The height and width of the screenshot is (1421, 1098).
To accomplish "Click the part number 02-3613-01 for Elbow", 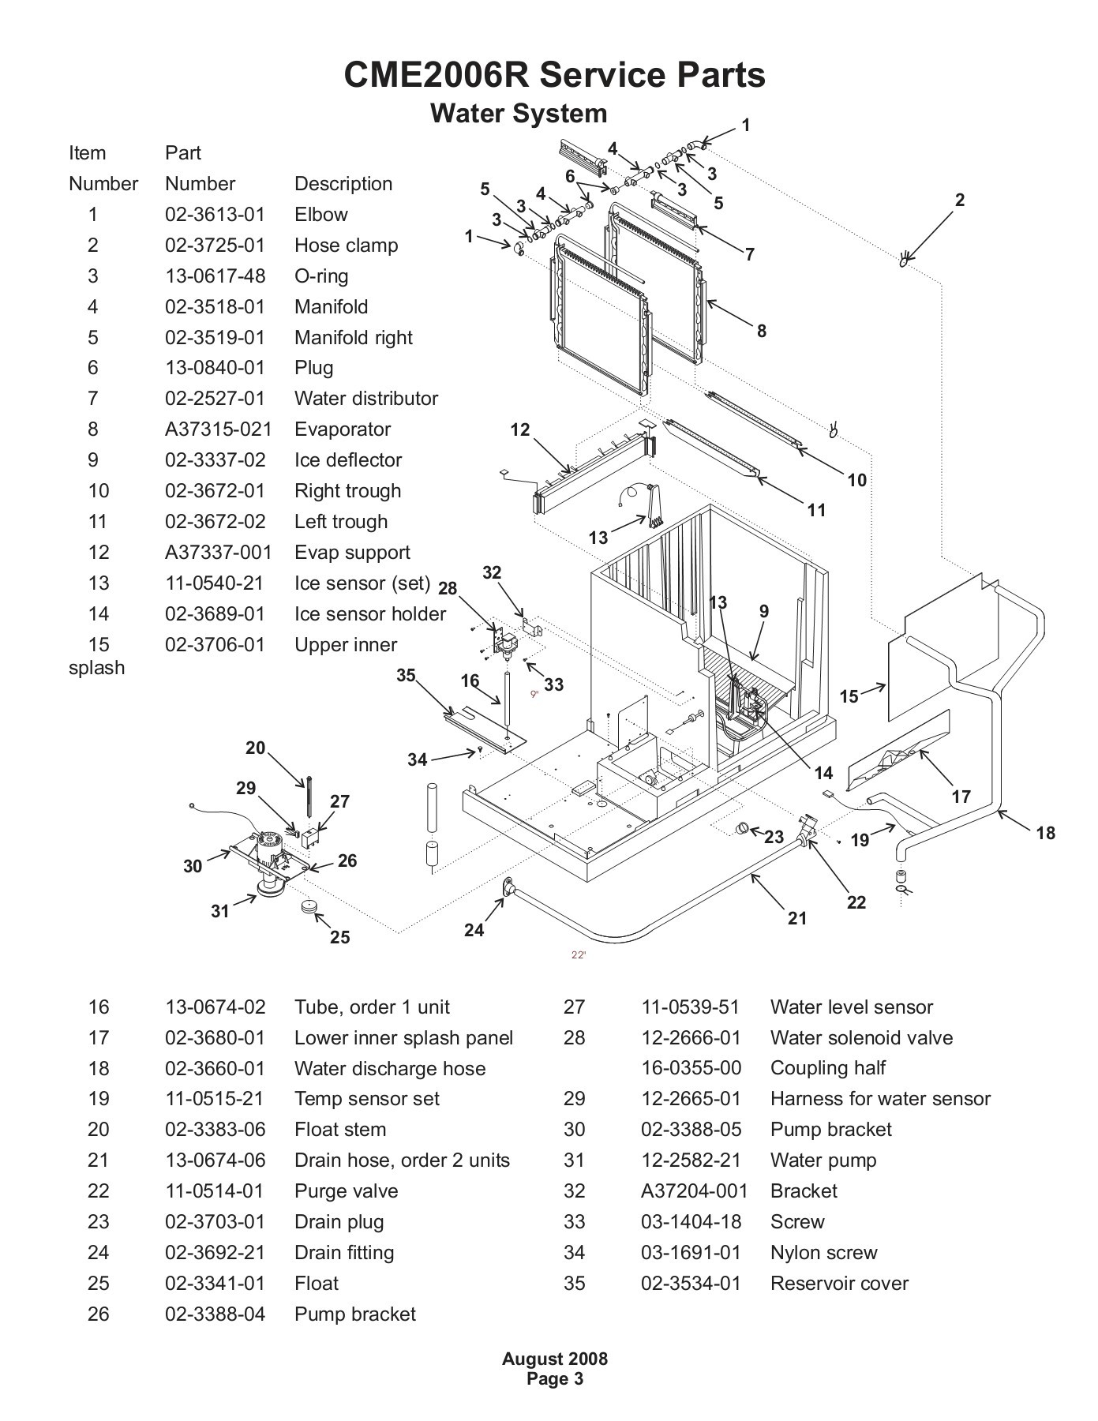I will pos(215,215).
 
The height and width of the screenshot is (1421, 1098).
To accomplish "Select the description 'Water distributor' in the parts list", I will pos(365,399).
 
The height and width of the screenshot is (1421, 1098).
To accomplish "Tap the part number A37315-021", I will pos(218,429).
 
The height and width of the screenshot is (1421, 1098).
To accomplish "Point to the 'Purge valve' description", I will pos(346,1191).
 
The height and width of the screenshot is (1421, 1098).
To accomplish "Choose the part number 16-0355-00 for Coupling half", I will pos(691,1068).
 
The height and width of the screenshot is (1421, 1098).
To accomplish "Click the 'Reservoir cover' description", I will pos(839,1284).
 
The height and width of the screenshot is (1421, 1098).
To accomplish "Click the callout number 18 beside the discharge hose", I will pos(1045,833).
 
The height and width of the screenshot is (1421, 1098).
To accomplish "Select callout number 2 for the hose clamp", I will pos(959,200).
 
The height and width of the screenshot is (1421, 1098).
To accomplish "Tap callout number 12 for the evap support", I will pos(520,430).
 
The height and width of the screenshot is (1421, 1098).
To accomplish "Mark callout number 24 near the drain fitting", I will pos(474,930).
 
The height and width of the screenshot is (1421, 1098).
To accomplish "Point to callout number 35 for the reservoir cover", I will pos(406,676).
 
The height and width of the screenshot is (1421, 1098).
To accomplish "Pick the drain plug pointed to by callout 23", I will pos(743,828).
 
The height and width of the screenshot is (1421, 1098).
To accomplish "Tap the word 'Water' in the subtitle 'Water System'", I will pos(466,114).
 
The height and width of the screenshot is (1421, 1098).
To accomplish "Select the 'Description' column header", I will pos(343,184).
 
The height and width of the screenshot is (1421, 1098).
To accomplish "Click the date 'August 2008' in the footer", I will pos(555,1359).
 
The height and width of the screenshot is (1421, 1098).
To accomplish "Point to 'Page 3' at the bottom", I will pos(555,1379).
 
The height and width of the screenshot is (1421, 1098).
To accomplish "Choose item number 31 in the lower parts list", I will pos(575,1160).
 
